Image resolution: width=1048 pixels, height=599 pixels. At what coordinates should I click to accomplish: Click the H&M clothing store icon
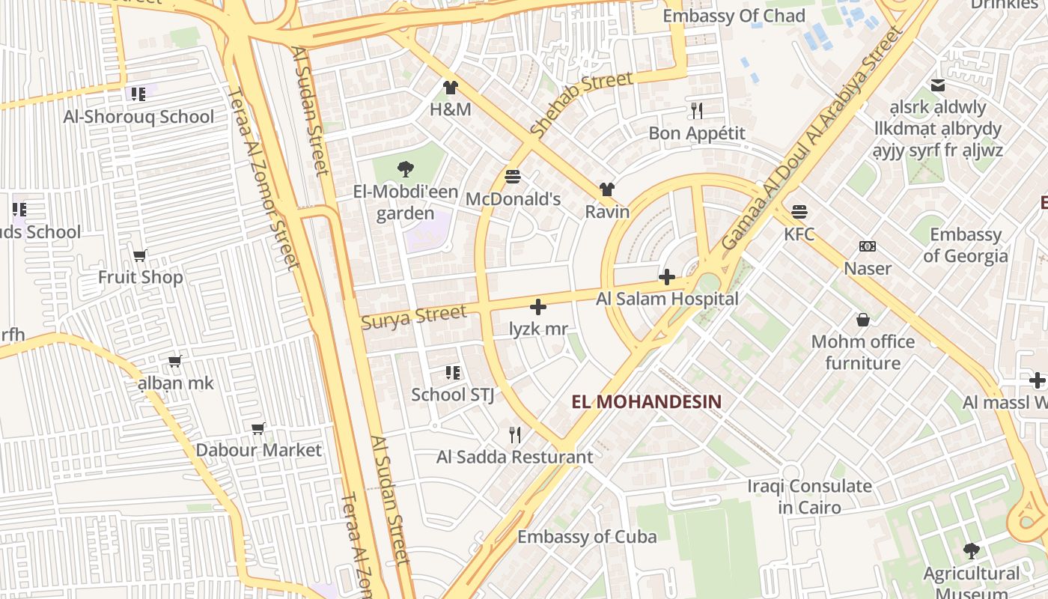click(x=450, y=88)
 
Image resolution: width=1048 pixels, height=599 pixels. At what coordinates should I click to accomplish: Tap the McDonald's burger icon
click(x=513, y=177)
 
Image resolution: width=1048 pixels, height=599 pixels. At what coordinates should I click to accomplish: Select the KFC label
click(x=799, y=234)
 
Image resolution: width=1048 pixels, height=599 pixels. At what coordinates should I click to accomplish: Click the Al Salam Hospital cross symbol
click(x=666, y=278)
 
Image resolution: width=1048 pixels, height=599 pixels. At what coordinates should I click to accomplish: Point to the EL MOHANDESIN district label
click(x=646, y=402)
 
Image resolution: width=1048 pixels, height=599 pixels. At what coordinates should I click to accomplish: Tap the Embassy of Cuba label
click(x=587, y=537)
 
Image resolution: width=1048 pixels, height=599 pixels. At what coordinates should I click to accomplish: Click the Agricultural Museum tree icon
click(x=971, y=552)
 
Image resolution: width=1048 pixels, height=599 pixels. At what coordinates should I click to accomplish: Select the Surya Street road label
click(x=414, y=317)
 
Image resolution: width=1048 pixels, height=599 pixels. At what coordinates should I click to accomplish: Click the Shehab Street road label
click(x=581, y=103)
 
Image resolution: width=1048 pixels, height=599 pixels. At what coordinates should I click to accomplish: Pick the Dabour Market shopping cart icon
click(x=258, y=429)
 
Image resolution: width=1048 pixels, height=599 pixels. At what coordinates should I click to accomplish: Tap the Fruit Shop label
click(x=140, y=278)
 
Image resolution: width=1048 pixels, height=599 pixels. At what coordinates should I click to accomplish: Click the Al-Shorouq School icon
click(x=138, y=94)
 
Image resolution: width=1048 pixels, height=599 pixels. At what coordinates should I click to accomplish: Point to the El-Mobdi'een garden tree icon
click(x=405, y=169)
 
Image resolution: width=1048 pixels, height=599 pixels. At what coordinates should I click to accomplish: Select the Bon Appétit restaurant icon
click(x=697, y=111)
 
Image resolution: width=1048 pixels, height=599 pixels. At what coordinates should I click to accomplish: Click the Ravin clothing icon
click(x=606, y=189)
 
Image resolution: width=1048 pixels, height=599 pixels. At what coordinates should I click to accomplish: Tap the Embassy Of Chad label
click(x=734, y=16)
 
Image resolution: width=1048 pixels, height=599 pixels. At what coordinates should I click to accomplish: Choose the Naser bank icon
click(x=868, y=246)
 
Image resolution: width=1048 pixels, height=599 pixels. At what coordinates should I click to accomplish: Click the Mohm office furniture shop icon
click(x=862, y=320)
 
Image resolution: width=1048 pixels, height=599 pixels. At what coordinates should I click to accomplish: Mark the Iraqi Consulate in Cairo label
click(x=809, y=496)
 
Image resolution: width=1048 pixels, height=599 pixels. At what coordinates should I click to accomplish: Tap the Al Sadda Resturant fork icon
click(x=514, y=435)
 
